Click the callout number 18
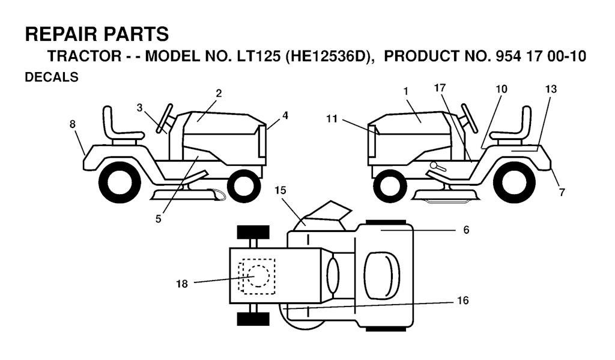(181, 284)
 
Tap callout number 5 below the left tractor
(158, 219)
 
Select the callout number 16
(463, 300)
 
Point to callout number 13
(551, 89)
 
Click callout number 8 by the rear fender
(73, 124)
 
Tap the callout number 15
(280, 190)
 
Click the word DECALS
(52, 77)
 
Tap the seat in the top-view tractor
(381, 273)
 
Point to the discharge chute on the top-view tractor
(327, 215)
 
